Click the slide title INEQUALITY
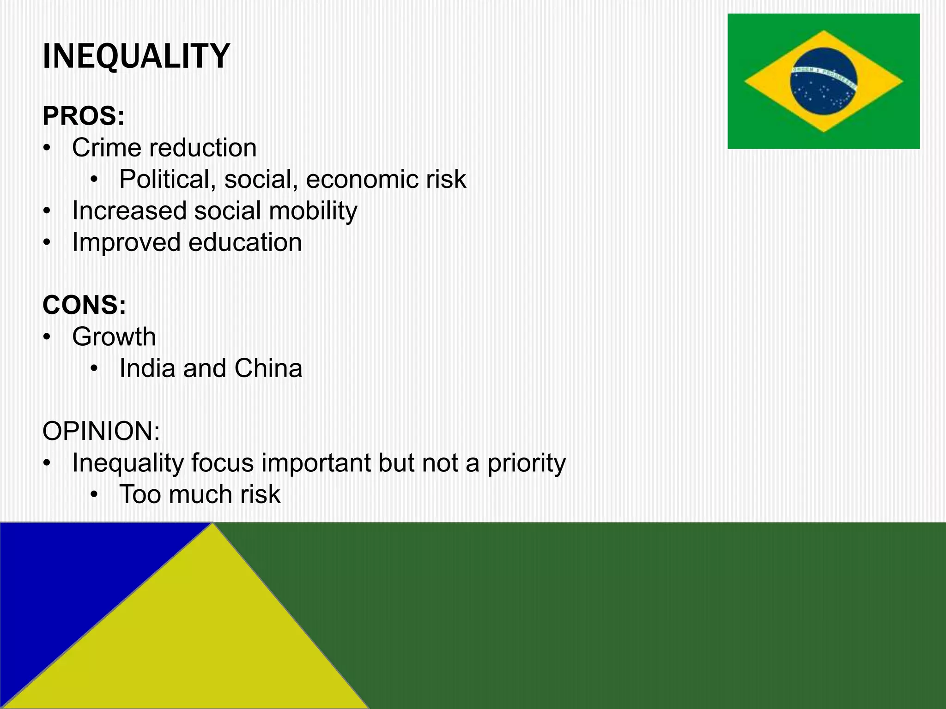point(136,56)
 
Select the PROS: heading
point(84,116)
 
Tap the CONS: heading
point(84,305)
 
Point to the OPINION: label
point(101,431)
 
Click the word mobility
point(313,211)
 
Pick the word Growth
point(114,336)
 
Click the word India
point(147,368)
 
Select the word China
point(268,368)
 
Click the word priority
point(527,463)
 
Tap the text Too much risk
point(200,494)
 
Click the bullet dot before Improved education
point(46,243)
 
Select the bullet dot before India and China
point(94,369)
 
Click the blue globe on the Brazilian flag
point(823,92)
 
